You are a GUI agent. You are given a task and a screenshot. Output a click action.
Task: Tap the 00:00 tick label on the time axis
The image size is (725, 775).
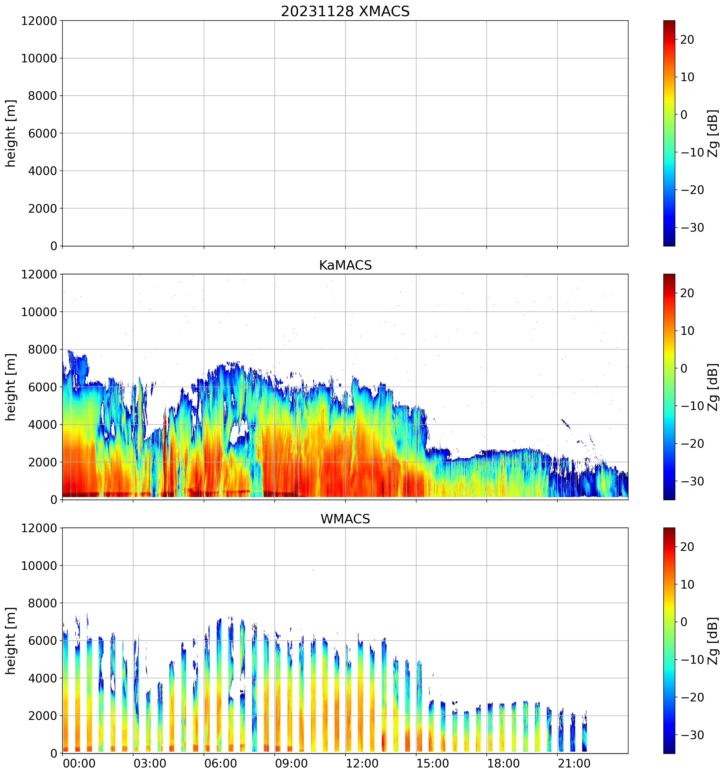79,763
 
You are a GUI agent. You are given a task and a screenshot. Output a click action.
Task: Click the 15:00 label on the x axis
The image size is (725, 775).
433,763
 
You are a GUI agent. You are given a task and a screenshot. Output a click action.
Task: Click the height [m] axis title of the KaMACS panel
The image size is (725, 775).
11,387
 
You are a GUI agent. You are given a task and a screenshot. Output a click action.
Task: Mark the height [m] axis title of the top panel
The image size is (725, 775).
11,133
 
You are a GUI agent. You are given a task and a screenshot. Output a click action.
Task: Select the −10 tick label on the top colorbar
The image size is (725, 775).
692,152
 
